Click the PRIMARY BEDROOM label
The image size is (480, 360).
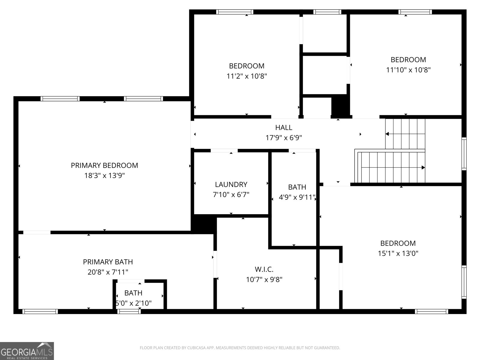pos(104,165)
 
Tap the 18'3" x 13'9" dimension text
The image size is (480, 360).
pos(104,175)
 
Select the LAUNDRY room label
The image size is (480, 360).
pos(231,184)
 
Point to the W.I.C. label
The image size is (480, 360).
pos(264,269)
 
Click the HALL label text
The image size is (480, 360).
pos(283,127)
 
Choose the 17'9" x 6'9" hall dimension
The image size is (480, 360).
pos(283,138)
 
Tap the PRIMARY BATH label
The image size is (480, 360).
pos(108,262)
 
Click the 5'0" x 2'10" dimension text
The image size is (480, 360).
pos(134,303)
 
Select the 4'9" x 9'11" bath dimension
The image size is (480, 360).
pos(297,197)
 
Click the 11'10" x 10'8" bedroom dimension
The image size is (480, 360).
pos(408,70)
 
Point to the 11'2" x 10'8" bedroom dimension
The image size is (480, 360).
pos(247,76)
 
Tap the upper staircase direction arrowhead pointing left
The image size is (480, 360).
pos(387,134)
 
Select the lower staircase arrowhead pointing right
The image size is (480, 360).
pos(423,167)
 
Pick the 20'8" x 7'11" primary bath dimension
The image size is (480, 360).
pos(108,272)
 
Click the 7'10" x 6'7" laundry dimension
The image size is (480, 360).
pos(231,195)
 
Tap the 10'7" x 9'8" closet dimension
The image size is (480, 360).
pos(264,280)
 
